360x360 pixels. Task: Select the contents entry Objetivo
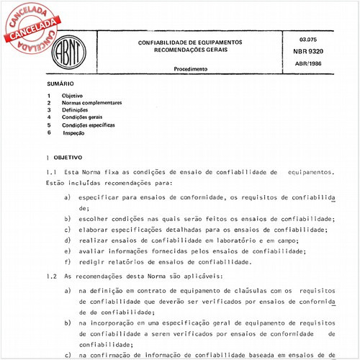72,96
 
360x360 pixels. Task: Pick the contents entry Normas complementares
91,103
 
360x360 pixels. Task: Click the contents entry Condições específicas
88,125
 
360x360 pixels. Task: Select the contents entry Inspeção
75,133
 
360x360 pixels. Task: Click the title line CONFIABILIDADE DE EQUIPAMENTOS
191,43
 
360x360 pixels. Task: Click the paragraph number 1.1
50,173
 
